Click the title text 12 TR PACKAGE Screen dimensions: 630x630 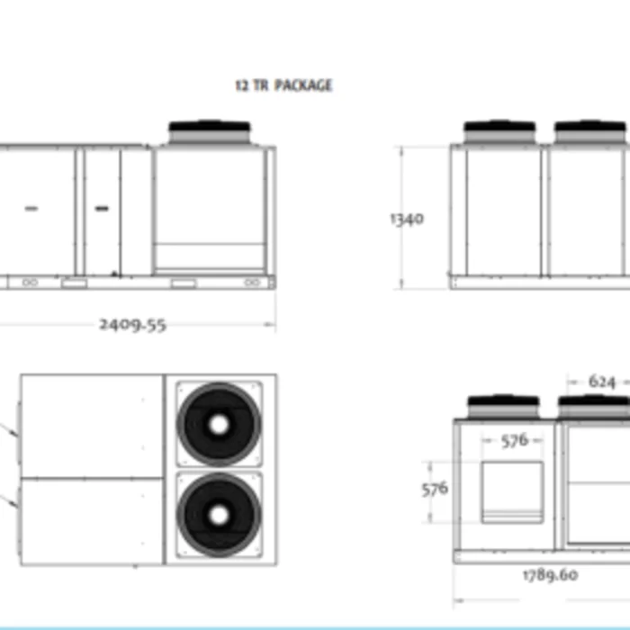point(283,85)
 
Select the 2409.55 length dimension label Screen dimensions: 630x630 point(132,325)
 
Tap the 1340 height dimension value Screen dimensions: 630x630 point(407,219)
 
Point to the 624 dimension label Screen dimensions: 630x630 point(602,382)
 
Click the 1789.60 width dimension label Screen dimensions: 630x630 point(551,575)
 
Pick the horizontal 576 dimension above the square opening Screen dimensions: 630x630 point(515,441)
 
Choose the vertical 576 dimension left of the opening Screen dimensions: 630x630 point(435,490)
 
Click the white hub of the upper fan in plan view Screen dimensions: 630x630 point(219,425)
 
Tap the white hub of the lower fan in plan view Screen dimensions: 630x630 point(219,515)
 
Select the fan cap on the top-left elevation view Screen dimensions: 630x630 point(210,131)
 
